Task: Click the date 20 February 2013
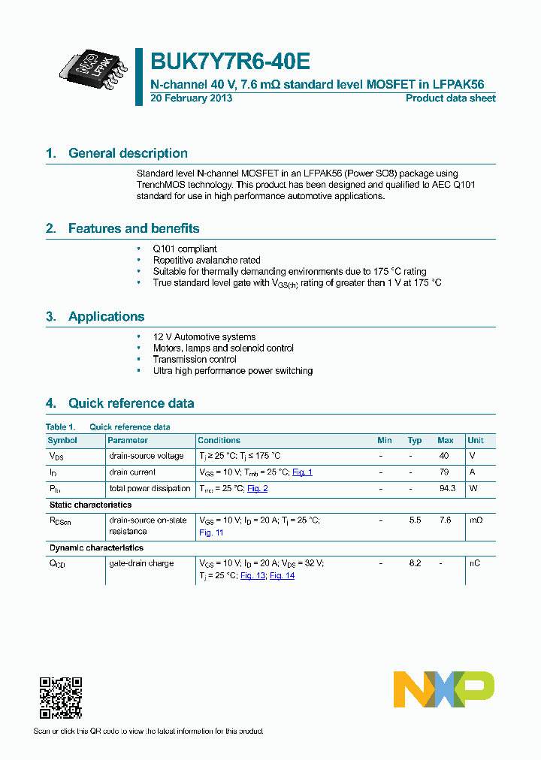tap(192, 98)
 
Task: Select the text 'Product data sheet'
tap(450, 98)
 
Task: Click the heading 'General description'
tap(128, 153)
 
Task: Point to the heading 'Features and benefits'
tap(134, 228)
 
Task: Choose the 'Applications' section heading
tap(106, 316)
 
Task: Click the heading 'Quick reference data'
tap(131, 403)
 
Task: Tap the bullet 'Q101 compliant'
tap(185, 249)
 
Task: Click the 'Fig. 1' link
tap(302, 472)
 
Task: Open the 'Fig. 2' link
tap(257, 489)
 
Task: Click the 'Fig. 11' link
tap(211, 532)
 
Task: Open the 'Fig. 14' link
tap(282, 575)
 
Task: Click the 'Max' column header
tap(445, 440)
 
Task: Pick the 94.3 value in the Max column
tap(446, 489)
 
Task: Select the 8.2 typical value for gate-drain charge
tap(415, 563)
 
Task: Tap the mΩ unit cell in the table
tap(475, 520)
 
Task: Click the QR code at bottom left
tap(61, 698)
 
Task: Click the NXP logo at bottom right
tap(444, 689)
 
